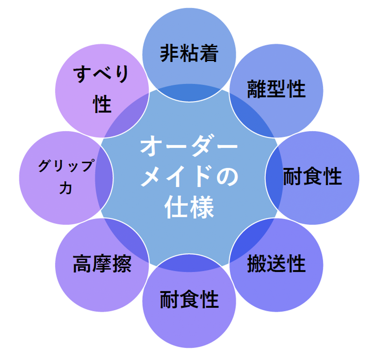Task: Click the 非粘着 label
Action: tap(189, 53)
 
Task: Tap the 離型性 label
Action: tap(276, 89)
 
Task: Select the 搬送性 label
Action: tap(276, 264)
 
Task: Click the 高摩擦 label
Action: tap(102, 264)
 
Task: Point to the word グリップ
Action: tap(66, 165)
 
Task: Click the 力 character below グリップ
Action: tap(66, 189)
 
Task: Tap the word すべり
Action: tap(101, 74)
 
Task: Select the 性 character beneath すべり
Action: tap(102, 104)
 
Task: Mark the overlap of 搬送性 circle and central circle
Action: tap(252, 240)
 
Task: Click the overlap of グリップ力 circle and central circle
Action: tap(104, 178)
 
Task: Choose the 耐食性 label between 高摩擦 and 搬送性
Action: tap(189, 299)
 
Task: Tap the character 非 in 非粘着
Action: tap(170, 53)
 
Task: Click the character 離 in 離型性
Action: tap(257, 89)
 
